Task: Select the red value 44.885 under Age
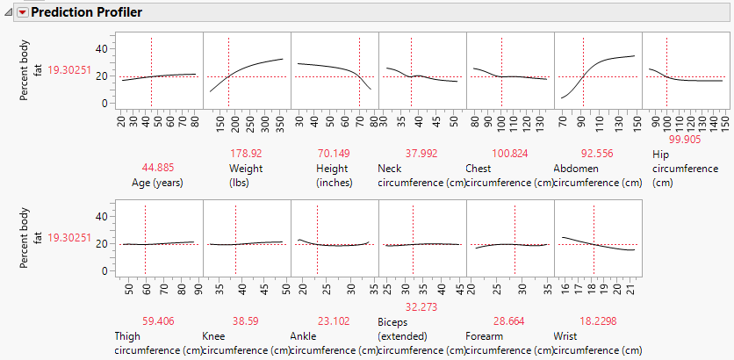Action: click(x=158, y=167)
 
